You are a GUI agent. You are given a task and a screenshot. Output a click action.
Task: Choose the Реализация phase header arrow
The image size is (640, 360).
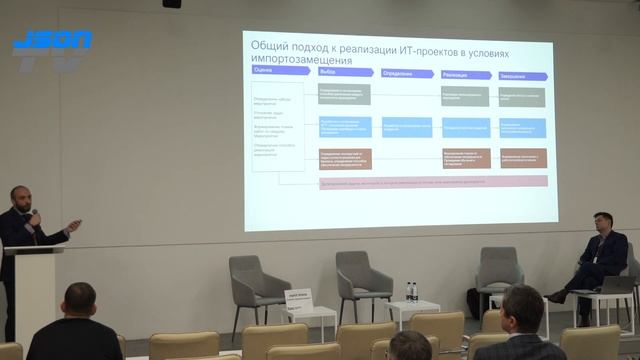coord(466,73)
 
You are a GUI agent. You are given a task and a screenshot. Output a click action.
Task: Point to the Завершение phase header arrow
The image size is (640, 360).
coord(524,73)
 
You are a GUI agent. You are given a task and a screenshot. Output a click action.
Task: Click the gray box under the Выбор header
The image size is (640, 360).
coord(344,94)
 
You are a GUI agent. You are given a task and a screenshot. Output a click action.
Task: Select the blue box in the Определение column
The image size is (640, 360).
coord(406,127)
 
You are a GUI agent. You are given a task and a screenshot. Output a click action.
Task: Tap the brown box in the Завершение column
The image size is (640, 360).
coord(523,158)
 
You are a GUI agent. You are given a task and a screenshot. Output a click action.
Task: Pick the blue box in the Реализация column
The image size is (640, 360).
coord(465,127)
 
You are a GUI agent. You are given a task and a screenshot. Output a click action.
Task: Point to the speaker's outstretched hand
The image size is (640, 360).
coord(74,221)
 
